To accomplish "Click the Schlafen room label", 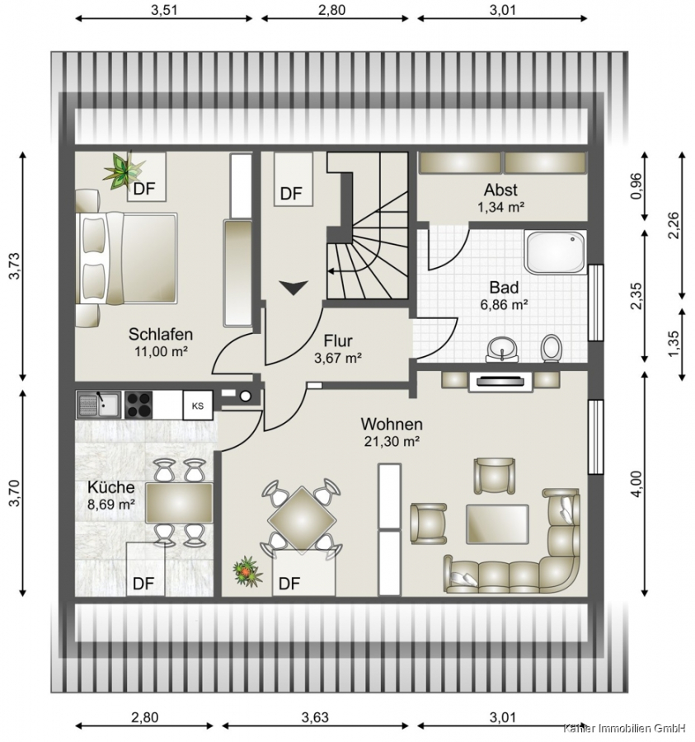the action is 161,334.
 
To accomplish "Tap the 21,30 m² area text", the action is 392,441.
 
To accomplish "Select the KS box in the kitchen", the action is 198,406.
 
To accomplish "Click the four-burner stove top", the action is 139,405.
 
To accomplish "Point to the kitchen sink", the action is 99,405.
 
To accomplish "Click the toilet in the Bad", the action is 551,348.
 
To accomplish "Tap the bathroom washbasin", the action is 502,350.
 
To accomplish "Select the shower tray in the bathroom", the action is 556,252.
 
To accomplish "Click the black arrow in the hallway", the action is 293,288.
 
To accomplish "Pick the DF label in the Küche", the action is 143,584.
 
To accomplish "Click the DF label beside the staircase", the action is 291,194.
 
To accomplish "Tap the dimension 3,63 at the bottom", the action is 315,717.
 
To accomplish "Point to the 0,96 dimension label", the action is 636,186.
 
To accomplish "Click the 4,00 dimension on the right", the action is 636,484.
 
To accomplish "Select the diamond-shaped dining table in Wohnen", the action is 302,520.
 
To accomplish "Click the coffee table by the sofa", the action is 497,524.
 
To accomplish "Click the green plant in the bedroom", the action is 123,171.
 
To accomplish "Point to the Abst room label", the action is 500,190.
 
